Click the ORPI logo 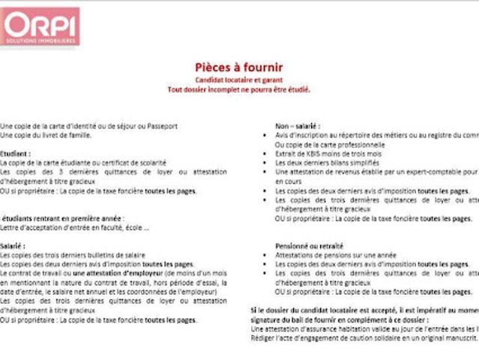pyautogui.click(x=40, y=26)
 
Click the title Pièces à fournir pyautogui.click(x=238, y=67)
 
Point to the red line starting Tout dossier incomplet pyautogui.click(x=238, y=89)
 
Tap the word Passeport pyautogui.click(x=162, y=126)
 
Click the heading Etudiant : pyautogui.click(x=16, y=153)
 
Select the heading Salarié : pyautogui.click(x=13, y=245)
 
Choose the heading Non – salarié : pyautogui.click(x=298, y=125)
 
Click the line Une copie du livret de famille pyautogui.click(x=46, y=135)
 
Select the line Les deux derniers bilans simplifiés pyautogui.click(x=326, y=162)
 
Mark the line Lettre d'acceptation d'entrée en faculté pyautogui.click(x=75, y=227)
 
